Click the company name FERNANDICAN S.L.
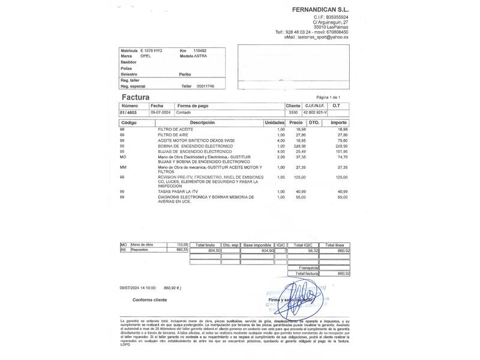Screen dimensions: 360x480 (320, 10)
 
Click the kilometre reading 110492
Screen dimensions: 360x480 (200, 51)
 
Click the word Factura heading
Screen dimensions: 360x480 (136, 97)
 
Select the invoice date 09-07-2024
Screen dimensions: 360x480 (161, 112)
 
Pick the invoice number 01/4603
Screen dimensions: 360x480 (128, 112)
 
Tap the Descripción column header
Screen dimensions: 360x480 (202, 123)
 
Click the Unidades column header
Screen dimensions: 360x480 (274, 123)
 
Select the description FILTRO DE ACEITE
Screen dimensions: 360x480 (176, 130)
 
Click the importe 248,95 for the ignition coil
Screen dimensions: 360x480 (341, 146)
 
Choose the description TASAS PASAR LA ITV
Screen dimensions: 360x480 (178, 191)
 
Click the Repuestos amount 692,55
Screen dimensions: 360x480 (182, 250)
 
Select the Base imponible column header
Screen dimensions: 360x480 (257, 245)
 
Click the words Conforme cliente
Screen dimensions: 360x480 (150, 299)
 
